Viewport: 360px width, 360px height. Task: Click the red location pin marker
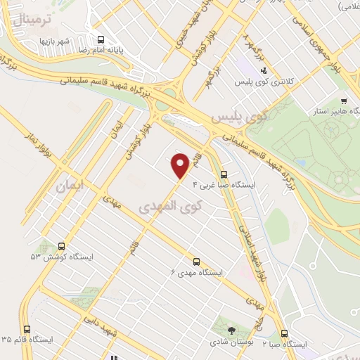click(x=181, y=165)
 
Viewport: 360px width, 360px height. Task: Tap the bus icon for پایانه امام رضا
click(x=100, y=40)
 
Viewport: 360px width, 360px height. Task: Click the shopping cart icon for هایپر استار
click(x=343, y=101)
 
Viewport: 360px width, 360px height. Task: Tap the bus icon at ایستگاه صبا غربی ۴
click(x=224, y=174)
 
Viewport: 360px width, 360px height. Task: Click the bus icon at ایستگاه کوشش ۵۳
click(x=62, y=247)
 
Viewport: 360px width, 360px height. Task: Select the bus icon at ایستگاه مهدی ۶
click(x=195, y=259)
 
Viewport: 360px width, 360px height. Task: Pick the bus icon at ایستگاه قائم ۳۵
click(x=27, y=328)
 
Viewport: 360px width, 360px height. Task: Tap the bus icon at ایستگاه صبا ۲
click(x=284, y=333)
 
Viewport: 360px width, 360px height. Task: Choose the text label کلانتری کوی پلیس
click(x=263, y=83)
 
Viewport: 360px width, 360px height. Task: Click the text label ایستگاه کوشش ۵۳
click(x=46, y=257)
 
